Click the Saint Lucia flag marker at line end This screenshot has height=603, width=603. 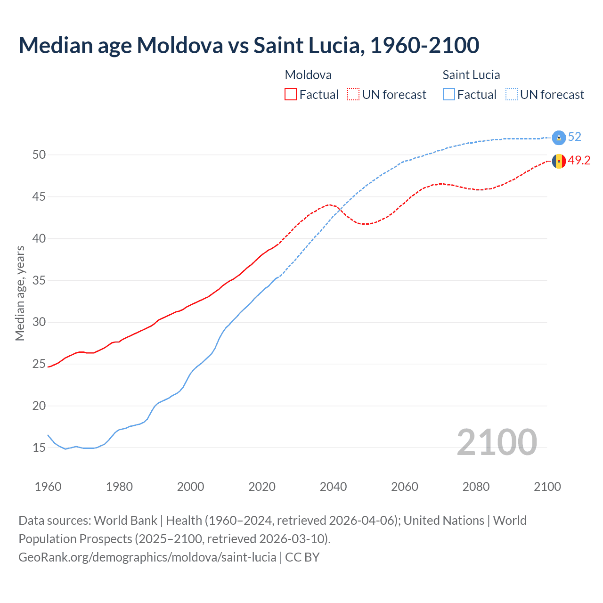[x=559, y=137]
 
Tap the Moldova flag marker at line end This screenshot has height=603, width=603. [x=559, y=161]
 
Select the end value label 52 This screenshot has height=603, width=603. [x=575, y=137]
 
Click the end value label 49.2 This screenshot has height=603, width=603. [x=579, y=161]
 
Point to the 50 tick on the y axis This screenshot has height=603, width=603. [x=39, y=155]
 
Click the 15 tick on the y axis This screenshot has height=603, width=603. [x=39, y=448]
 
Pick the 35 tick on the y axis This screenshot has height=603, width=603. [x=39, y=280]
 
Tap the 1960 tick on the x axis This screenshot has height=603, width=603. [x=48, y=487]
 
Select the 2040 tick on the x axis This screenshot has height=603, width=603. [x=333, y=487]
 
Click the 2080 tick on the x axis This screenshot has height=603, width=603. [x=476, y=487]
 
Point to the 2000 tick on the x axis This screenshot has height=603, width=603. [x=190, y=487]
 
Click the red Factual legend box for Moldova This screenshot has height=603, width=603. [x=291, y=95]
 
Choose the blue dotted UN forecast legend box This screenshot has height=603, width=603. [x=512, y=95]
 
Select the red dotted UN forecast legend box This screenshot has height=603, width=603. [x=353, y=95]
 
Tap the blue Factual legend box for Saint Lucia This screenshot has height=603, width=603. [x=449, y=95]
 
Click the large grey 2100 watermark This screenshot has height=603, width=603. [x=497, y=442]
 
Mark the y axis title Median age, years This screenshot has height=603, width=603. [x=20, y=293]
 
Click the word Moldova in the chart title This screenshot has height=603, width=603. [x=180, y=45]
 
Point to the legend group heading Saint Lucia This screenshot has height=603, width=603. [x=471, y=75]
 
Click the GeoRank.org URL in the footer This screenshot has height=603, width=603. [x=147, y=557]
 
